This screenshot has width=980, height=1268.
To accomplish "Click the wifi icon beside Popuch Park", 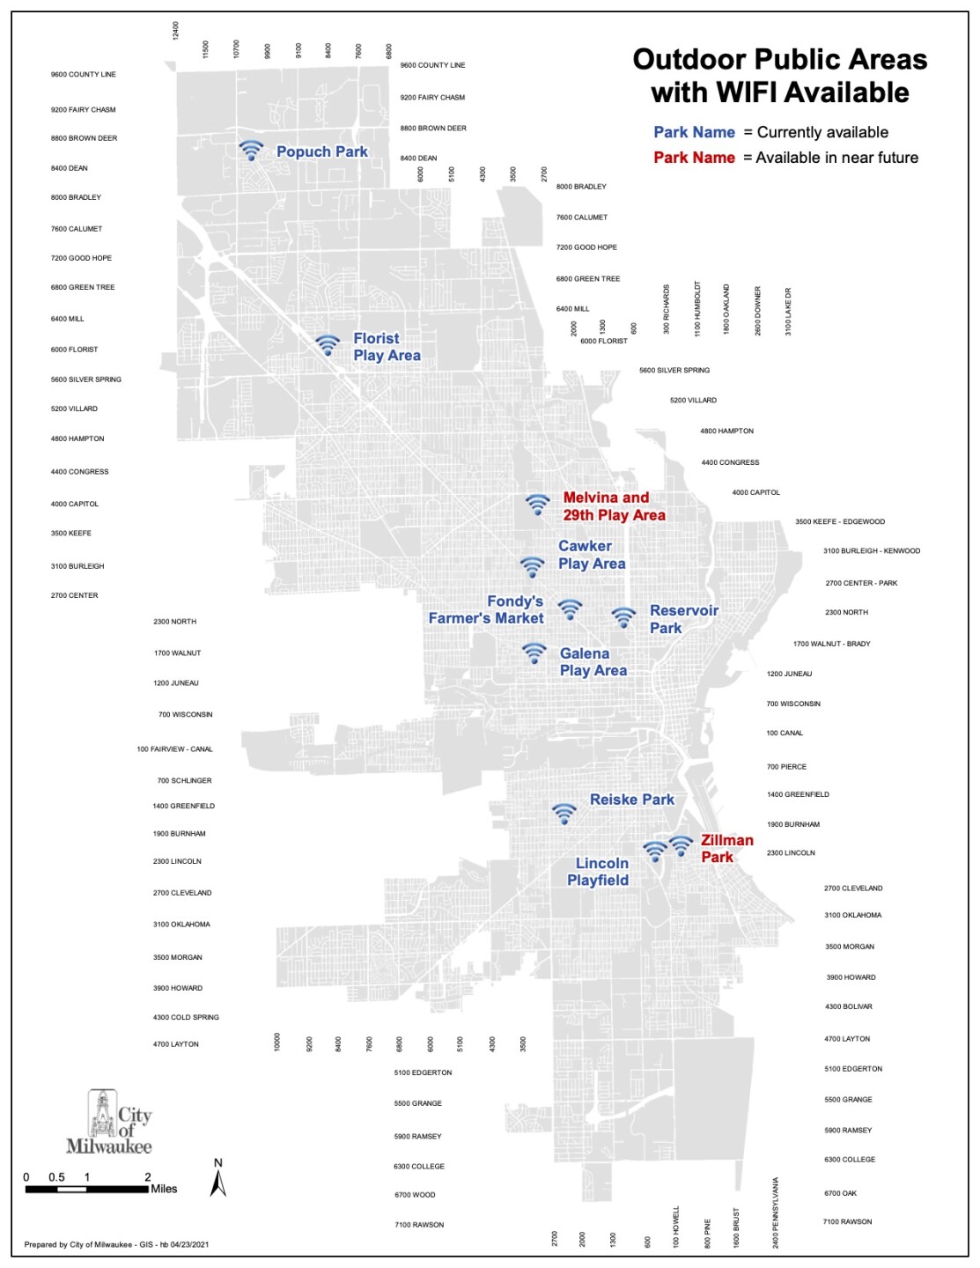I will pyautogui.click(x=251, y=151).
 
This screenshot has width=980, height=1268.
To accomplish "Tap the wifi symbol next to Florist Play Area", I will pyautogui.click(x=328, y=344).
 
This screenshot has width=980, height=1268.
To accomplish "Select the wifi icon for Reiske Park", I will pyautogui.click(x=564, y=814).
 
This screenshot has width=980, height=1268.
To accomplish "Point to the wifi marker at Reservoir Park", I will pyautogui.click(x=623, y=617).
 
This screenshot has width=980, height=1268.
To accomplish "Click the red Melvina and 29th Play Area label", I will pyautogui.click(x=614, y=506).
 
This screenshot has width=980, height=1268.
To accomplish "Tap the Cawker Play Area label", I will pyautogui.click(x=592, y=555).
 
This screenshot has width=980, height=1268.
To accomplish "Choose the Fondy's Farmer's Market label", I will pyautogui.click(x=486, y=609).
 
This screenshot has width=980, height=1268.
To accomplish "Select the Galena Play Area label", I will pyautogui.click(x=593, y=662).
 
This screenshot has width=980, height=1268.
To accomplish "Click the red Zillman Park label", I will pyautogui.click(x=726, y=848).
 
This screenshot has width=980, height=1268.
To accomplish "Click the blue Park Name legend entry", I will pyautogui.click(x=694, y=132).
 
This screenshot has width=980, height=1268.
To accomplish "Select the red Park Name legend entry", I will pyautogui.click(x=694, y=158).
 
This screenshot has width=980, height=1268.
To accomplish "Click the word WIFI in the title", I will pyautogui.click(x=753, y=92).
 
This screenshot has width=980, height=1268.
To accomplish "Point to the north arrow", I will pyautogui.click(x=218, y=1180).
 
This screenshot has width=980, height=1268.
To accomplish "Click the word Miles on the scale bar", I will pyautogui.click(x=164, y=1189).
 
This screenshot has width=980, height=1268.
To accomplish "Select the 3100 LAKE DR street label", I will pyautogui.click(x=788, y=311).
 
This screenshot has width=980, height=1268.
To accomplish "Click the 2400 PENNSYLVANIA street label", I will pyautogui.click(x=776, y=1213).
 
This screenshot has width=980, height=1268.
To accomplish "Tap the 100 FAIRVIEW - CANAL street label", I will pyautogui.click(x=174, y=749).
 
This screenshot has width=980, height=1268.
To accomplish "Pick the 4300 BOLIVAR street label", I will pyautogui.click(x=849, y=1006).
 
